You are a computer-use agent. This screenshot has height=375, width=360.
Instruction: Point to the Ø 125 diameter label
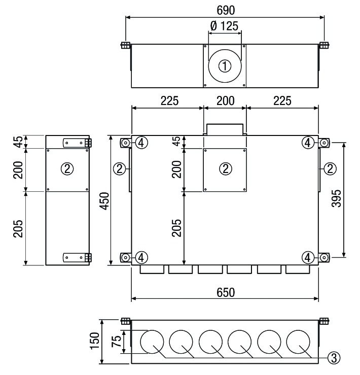pos(225,26)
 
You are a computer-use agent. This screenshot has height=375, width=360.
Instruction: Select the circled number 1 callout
pos(225,66)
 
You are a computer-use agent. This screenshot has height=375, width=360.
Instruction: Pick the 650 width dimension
pos(226,293)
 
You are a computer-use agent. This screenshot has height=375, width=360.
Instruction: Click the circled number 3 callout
pos(333,358)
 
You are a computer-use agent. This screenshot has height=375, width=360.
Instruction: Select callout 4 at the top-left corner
pos(142,143)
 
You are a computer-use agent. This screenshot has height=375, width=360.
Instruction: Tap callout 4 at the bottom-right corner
pos(307,258)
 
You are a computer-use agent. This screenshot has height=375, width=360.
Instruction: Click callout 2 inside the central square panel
pos(225,169)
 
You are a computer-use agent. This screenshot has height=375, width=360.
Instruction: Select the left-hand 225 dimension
pos(167,100)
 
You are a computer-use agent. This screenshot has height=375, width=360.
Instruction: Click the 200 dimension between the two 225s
pos(225,100)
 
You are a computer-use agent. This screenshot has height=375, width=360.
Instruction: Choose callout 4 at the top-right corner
pos(307,143)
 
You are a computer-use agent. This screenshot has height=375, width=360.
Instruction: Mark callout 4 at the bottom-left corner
pos(142,258)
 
